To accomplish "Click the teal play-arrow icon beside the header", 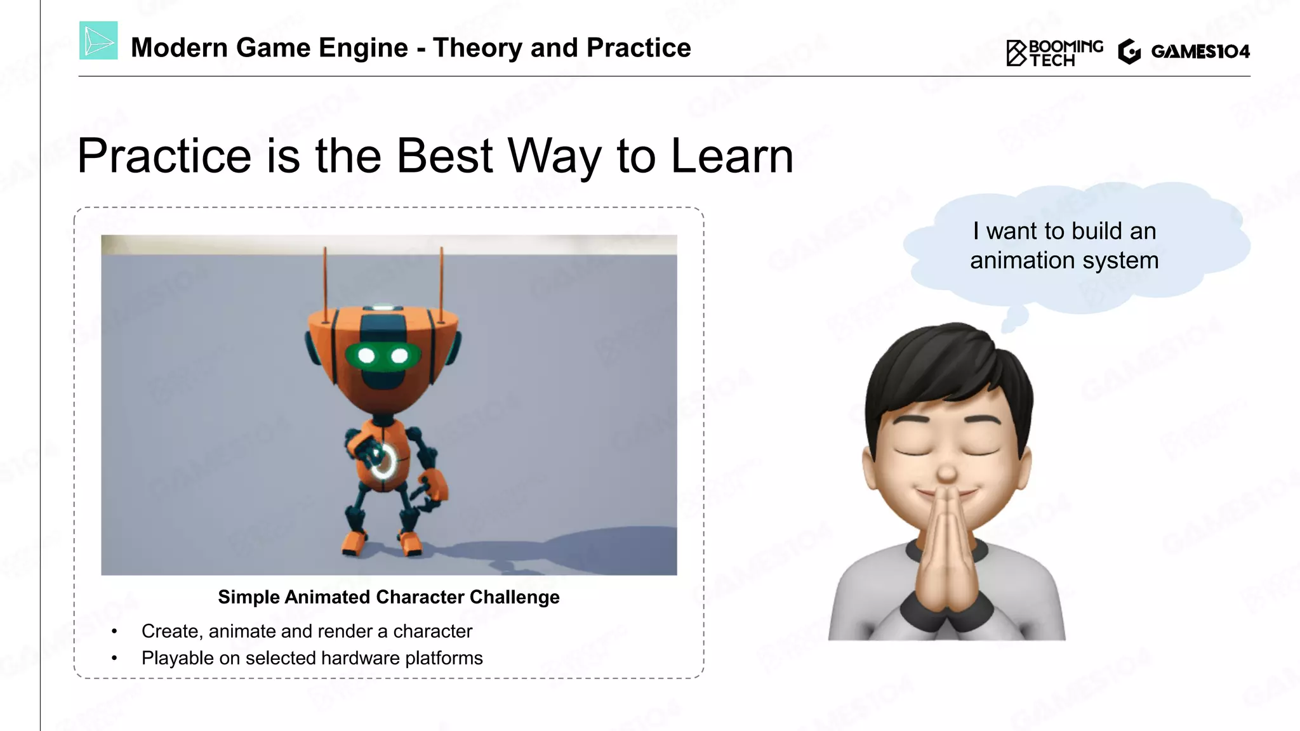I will tap(98, 41).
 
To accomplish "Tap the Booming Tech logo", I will tap(1054, 52).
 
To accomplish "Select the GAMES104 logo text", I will tap(1200, 51).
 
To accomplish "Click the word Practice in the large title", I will tap(164, 156).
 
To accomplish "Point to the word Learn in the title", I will tap(732, 156).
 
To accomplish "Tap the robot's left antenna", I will tap(325, 279).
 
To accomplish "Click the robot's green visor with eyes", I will tap(383, 355).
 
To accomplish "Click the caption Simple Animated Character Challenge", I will tap(388, 597).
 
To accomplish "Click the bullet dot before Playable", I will tap(114, 659).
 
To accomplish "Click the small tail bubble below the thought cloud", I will tap(1014, 317).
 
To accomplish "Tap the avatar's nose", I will tap(946, 473).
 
